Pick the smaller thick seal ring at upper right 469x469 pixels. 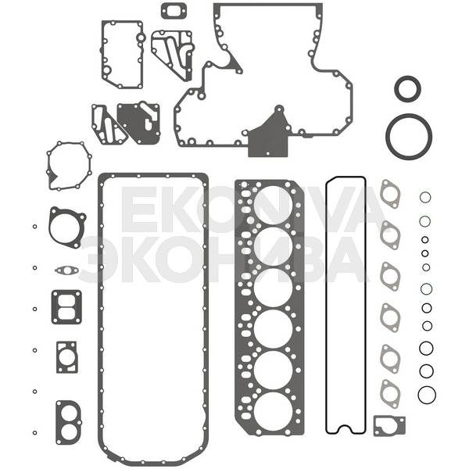[x=396, y=89]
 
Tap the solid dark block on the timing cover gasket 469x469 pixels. [x=267, y=141]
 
